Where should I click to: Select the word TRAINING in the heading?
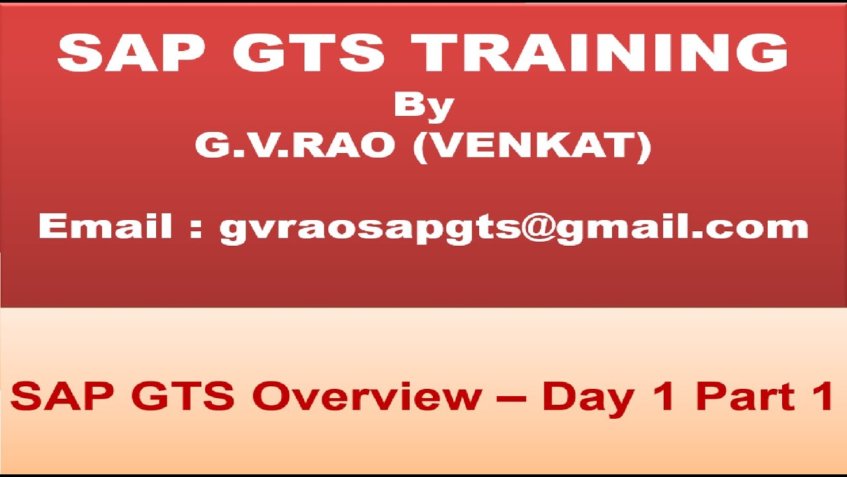click(x=600, y=53)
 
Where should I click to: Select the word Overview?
click(x=368, y=396)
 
